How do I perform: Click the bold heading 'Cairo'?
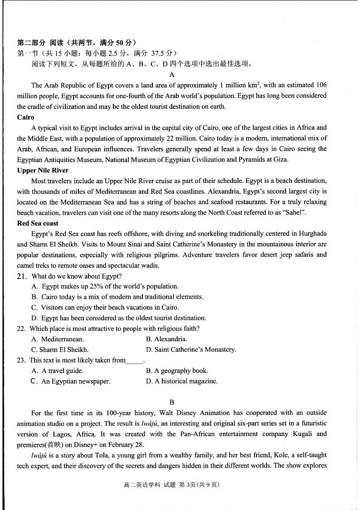pos(25,118)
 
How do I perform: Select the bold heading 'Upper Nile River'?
pos(43,171)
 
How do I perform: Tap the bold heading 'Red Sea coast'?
pos(38,223)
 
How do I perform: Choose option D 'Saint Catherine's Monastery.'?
pos(191,350)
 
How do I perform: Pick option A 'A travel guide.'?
pos(58,371)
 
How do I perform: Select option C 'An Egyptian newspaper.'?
pos(70,382)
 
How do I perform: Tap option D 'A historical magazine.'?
pos(182,382)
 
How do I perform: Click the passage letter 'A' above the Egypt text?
pos(172,75)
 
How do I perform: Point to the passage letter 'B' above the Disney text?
pos(172,402)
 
